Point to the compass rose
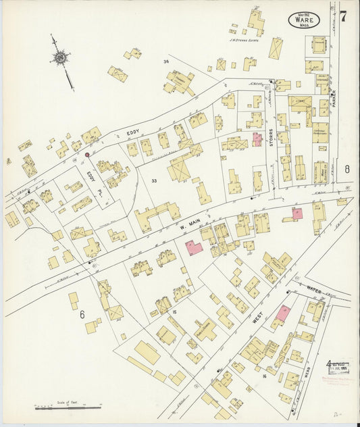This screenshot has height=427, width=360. (61, 59)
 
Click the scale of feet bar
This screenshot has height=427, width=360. (68, 407)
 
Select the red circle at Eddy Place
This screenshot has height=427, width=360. (87, 155)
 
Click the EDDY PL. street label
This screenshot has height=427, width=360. (91, 178)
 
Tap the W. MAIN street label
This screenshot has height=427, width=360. (186, 228)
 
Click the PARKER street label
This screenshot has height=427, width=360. (332, 103)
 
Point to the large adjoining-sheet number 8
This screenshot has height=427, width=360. (347, 170)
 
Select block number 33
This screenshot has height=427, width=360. (154, 181)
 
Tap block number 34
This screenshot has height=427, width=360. (165, 61)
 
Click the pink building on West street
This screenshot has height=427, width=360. (282, 313)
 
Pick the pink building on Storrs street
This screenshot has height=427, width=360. (257, 139)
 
